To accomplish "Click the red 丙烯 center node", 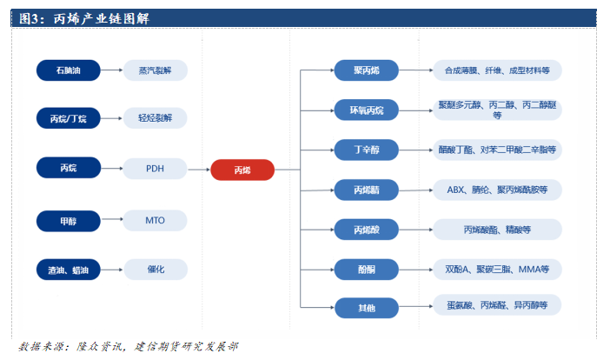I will tap(242, 170).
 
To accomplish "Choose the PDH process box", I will tap(155, 169).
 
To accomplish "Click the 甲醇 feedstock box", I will tap(68, 221).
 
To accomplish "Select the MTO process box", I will tap(155, 221).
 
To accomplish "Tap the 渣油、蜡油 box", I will tap(68, 270).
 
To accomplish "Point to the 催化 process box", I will tap(155, 270).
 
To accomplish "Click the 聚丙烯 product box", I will tap(365, 70).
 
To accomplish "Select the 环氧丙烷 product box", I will tap(365, 110).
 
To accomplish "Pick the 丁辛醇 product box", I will tap(365, 150).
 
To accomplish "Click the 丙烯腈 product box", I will tap(365, 189).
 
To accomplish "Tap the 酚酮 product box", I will tap(365, 270).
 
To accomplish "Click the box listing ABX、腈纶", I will tap(497, 189).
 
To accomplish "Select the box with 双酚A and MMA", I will tap(497, 270).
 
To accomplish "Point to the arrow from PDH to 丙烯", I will tap(199, 170).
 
